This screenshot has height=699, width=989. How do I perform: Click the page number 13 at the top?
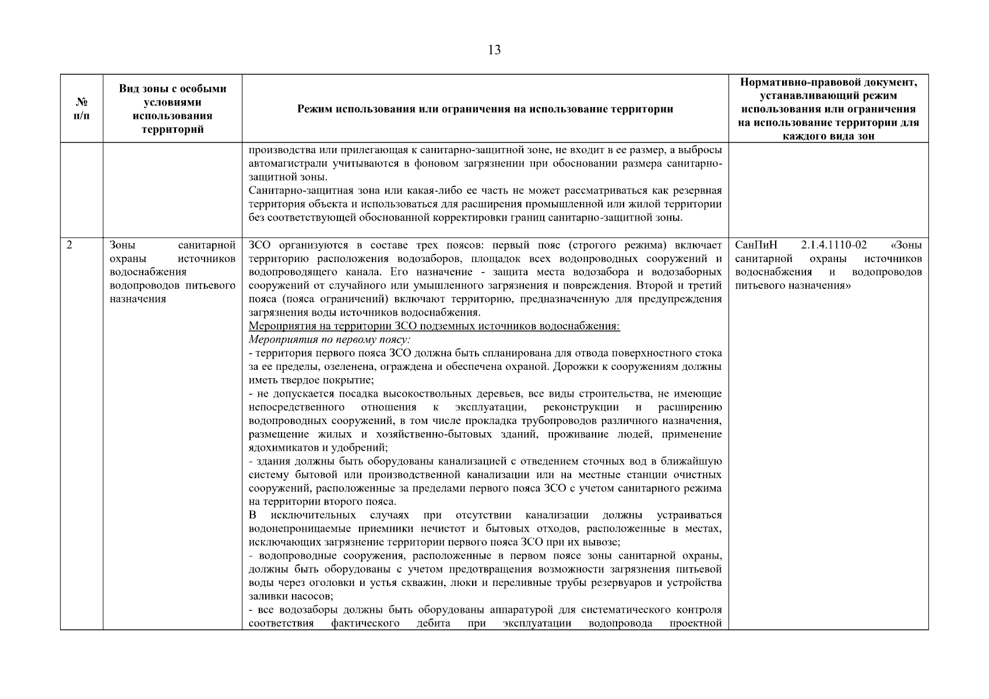[494, 50]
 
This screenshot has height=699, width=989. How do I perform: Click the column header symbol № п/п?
[82, 109]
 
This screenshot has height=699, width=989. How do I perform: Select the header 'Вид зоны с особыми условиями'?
[173, 96]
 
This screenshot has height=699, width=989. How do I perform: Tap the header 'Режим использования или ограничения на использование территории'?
[485, 109]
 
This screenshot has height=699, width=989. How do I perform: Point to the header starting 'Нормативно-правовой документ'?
[828, 82]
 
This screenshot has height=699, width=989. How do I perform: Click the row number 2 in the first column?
[69, 245]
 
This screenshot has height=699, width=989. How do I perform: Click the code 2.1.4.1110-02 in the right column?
[833, 245]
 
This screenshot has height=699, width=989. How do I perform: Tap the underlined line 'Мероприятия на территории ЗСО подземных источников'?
[434, 326]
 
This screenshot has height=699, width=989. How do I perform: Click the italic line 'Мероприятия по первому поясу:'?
[329, 340]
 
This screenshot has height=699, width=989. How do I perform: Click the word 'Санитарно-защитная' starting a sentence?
[297, 191]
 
